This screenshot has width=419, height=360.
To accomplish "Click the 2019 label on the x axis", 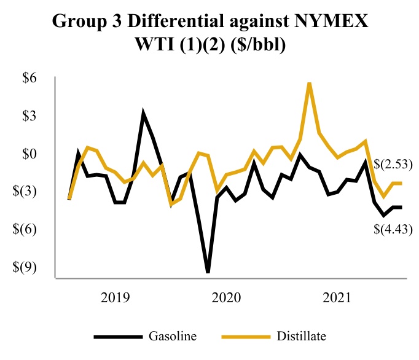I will coord(115,299).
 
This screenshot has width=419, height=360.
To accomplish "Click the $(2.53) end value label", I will coord(393,164).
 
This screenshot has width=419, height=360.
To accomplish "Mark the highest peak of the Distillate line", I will coord(309,83).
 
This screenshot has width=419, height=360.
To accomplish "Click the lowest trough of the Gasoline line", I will coord(208,271).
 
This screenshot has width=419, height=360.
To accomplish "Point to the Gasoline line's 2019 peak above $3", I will coord(143,114).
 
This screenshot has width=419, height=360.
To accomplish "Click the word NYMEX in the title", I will coord(331,23).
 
